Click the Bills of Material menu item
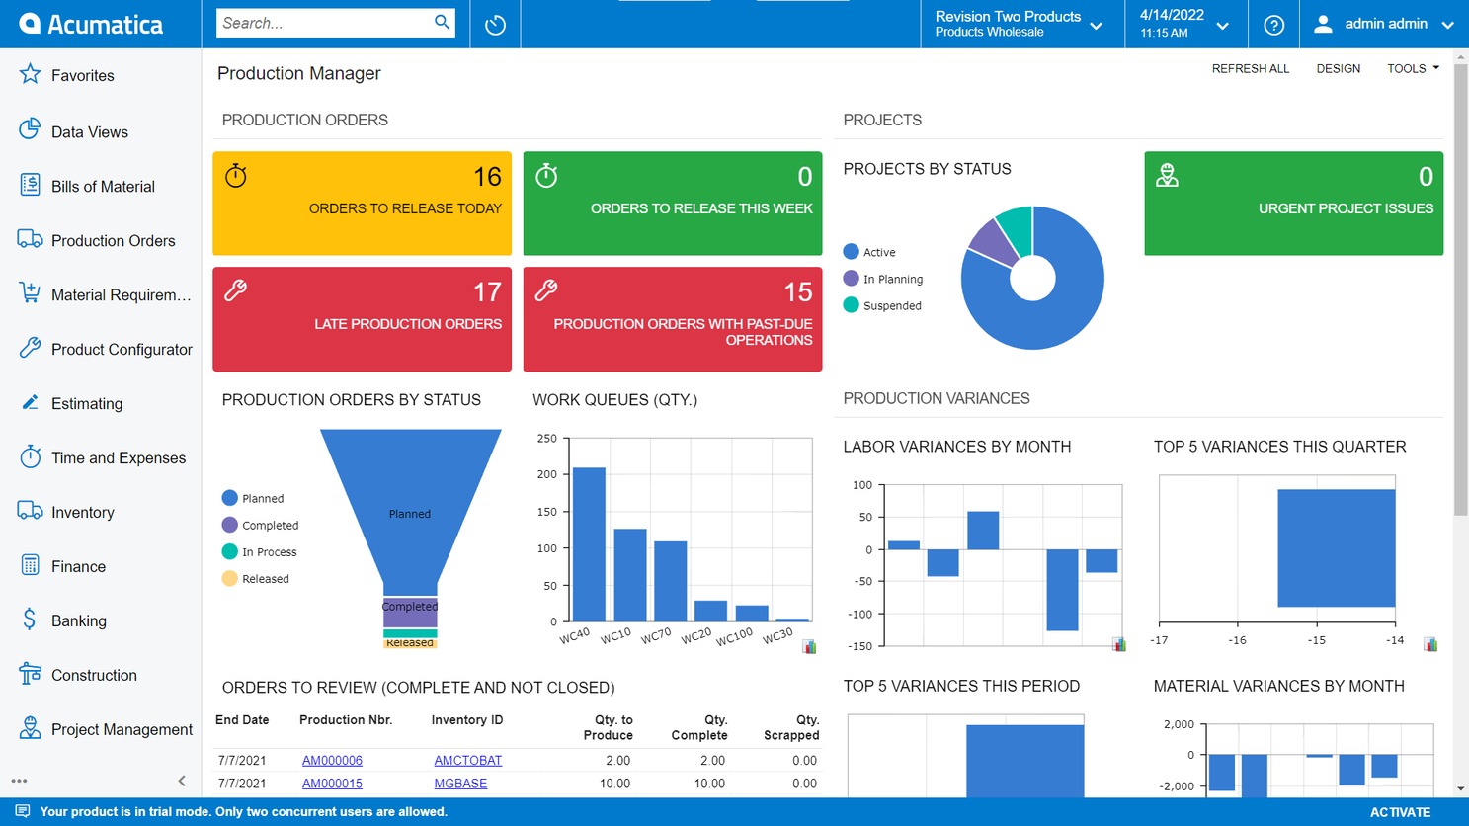click(x=103, y=187)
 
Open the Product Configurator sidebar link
click(x=122, y=350)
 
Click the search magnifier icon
click(x=442, y=23)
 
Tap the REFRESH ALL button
click(x=1250, y=69)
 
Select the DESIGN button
click(x=1338, y=69)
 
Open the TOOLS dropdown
click(x=1412, y=69)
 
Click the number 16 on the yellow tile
click(x=487, y=177)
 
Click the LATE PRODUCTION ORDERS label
click(x=407, y=324)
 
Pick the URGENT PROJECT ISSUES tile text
click(x=1345, y=208)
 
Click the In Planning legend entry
click(x=892, y=280)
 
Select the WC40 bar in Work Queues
click(x=589, y=543)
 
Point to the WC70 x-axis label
click(x=656, y=636)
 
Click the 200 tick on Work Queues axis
click(x=547, y=475)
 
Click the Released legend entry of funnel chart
click(x=265, y=579)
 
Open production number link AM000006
click(x=332, y=761)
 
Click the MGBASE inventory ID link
click(x=460, y=784)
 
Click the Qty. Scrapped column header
click(x=790, y=727)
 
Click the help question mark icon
click(x=1273, y=25)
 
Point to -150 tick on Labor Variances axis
click(x=861, y=646)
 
